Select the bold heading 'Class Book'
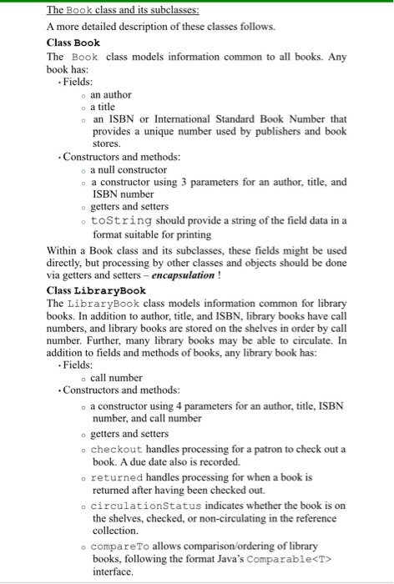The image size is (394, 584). [x=73, y=42]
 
